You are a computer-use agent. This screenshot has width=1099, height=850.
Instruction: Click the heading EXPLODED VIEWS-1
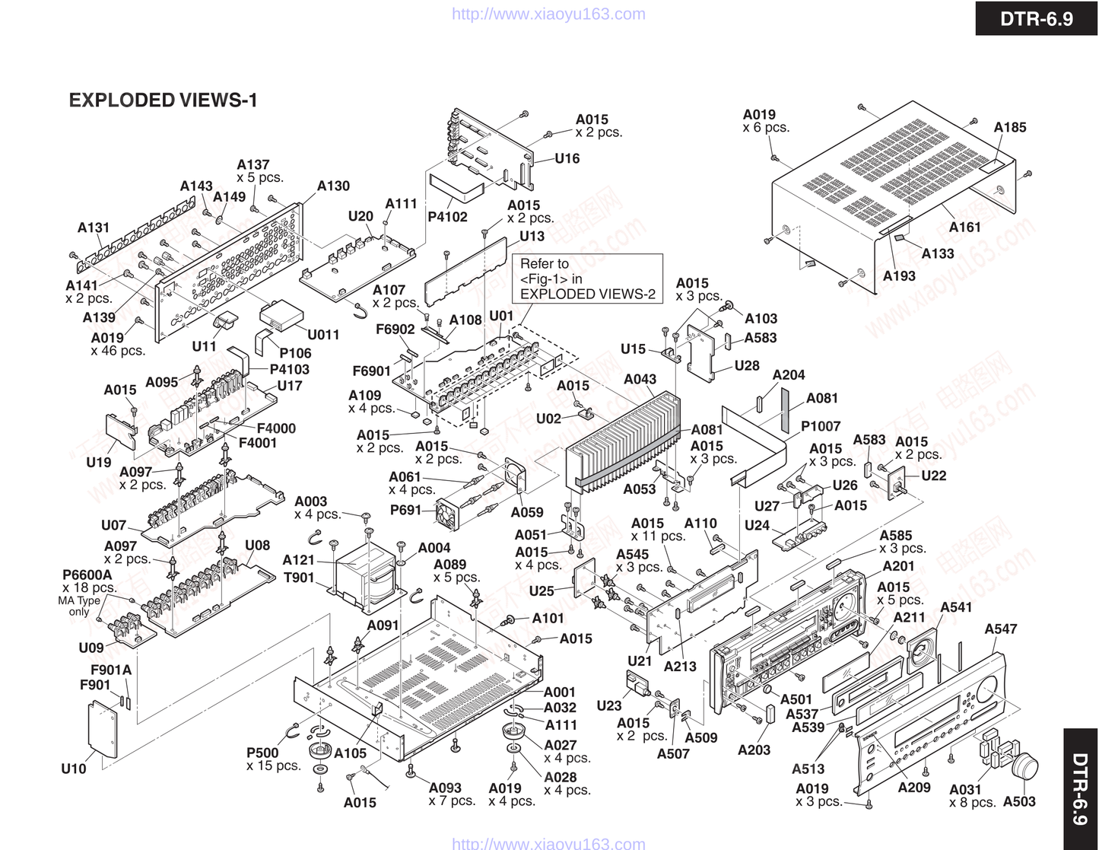click(163, 100)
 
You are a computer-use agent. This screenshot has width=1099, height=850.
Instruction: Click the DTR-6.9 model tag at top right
click(1036, 18)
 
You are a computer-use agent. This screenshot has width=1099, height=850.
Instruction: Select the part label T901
click(298, 578)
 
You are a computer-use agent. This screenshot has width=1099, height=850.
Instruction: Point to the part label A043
click(640, 379)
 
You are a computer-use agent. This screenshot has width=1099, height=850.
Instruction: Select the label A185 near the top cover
click(1009, 127)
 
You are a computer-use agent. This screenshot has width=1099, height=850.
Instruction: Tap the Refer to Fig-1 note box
click(587, 279)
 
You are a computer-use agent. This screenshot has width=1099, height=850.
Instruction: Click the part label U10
click(74, 769)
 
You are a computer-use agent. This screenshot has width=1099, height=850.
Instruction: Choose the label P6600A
click(87, 575)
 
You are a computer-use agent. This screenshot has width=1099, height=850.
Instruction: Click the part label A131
click(93, 228)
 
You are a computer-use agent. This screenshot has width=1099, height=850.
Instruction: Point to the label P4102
click(447, 216)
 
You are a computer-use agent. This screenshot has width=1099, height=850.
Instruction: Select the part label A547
click(1000, 629)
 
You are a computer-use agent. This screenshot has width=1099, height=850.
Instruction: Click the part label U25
click(542, 591)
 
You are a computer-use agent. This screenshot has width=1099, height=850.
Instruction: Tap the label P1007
click(821, 426)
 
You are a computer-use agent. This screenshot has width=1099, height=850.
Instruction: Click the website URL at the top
click(548, 14)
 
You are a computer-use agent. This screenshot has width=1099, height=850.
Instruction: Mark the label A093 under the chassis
click(445, 788)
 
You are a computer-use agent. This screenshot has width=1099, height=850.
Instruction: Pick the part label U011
click(323, 334)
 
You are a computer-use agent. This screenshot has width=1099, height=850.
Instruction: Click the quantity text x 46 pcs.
click(118, 351)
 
